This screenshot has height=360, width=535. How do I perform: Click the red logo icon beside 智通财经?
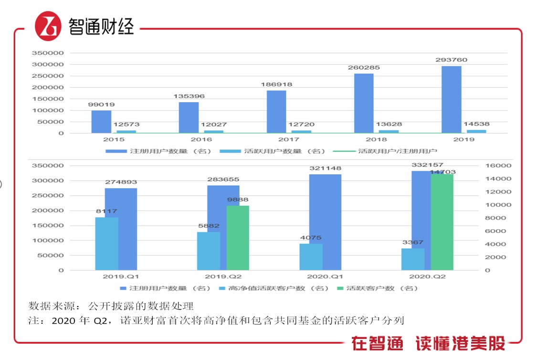click(48, 26)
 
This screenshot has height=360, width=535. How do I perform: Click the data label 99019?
click(101, 105)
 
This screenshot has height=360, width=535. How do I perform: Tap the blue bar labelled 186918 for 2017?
click(276, 112)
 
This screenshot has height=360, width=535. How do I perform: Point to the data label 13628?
click(389, 124)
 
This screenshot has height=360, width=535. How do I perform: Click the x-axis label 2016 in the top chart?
click(201, 139)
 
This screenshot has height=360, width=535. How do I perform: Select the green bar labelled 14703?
click(442, 222)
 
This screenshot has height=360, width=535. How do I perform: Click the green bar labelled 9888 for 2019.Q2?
click(238, 238)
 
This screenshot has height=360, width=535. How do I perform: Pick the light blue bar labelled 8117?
click(106, 244)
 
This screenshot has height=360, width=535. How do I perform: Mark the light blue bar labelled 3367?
click(412, 259)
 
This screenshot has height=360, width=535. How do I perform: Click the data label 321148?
click(325, 169)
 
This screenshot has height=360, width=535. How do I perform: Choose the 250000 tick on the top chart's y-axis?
click(48, 76)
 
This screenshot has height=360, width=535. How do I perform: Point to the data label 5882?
click(208, 226)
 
